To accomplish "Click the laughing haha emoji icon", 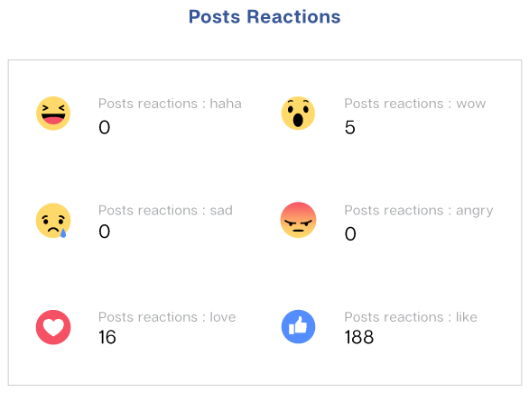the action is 53,114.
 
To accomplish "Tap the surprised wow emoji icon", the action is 298,114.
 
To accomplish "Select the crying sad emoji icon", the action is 53,221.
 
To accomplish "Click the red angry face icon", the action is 298,220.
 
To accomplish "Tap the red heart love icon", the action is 53,327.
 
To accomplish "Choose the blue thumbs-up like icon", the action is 298,327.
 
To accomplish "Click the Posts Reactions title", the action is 264,17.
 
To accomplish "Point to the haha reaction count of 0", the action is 104,128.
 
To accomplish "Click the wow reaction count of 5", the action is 350,128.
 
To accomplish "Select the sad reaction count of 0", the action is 104,232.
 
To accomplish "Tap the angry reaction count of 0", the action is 350,233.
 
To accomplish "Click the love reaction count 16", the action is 107,337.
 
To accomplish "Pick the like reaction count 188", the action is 359,337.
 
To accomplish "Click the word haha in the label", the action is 226,104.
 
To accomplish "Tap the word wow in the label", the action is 471,104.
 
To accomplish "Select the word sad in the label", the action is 221,210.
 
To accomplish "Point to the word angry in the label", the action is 474,212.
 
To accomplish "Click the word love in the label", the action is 223,317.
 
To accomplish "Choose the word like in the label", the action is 467,317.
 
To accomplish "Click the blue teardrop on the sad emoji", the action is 63,232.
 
